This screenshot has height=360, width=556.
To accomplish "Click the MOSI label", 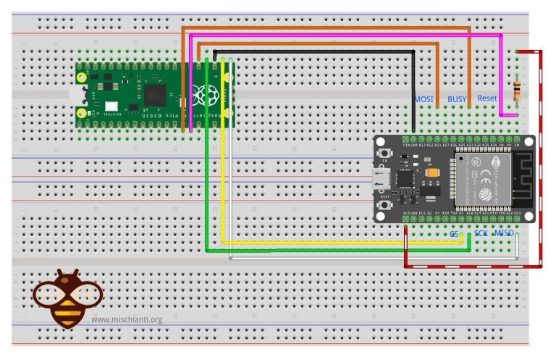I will tap(424, 99).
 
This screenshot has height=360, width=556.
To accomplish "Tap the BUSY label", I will tap(457, 99).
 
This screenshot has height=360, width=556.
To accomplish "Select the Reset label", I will tap(487, 99).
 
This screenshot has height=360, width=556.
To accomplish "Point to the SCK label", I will tap(481, 234).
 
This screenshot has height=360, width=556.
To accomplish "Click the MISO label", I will tap(504, 234).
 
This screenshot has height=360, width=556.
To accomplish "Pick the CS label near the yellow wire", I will tap(455, 234).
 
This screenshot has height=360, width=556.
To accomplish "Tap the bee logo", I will tap(68, 297).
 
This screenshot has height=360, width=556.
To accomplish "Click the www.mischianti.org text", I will tap(127, 319).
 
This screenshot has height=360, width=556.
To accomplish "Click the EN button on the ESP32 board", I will tap(387, 154).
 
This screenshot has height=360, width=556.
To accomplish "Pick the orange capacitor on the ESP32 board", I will tap(433, 174).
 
